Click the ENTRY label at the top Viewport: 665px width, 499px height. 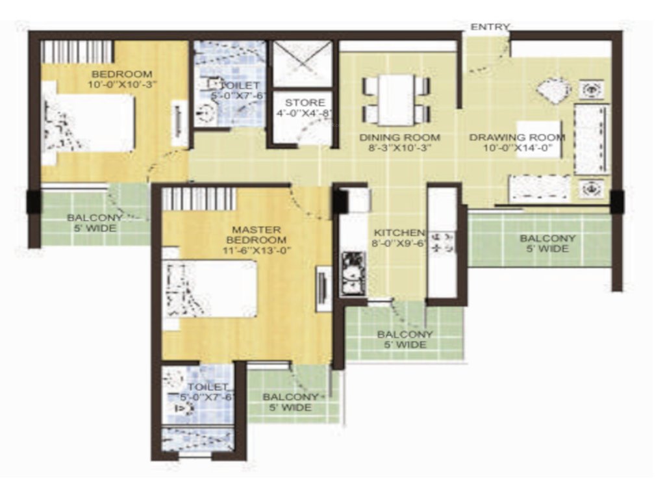490,27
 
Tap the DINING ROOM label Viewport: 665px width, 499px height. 399,137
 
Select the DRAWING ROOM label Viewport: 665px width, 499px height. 517,137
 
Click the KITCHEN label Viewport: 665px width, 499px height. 399,233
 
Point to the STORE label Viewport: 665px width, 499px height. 305,103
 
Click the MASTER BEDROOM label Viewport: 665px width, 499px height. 257,235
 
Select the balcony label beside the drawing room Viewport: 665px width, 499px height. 547,244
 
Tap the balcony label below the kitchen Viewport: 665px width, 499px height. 405,339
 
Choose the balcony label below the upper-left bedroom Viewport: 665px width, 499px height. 95,223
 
